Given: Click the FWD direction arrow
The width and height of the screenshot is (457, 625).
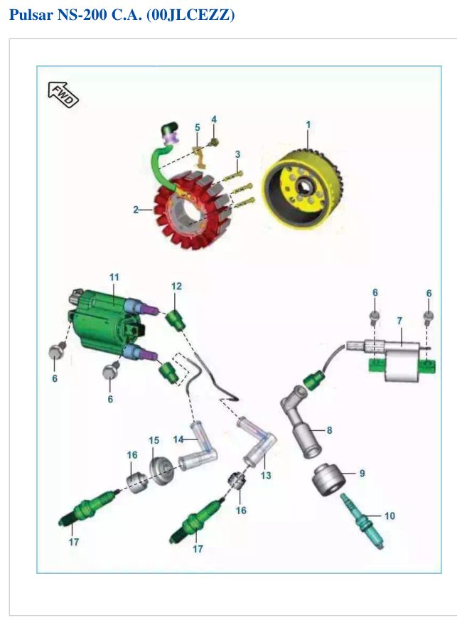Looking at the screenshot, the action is (63, 95).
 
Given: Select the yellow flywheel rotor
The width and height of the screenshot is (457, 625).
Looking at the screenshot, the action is (302, 189).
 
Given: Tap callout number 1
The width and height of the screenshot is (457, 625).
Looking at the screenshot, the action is (308, 124).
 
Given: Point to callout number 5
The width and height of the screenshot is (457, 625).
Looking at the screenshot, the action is (198, 127).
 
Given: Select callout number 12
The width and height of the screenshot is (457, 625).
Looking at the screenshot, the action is (176, 287).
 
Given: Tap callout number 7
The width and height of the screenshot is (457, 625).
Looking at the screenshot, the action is (399, 321).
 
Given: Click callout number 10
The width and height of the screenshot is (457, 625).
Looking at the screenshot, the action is (389, 516).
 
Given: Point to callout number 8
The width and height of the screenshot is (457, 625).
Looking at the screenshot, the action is (329, 430).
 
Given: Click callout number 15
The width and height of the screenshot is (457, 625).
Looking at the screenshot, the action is (154, 440).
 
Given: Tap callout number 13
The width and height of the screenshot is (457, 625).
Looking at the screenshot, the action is (266, 475).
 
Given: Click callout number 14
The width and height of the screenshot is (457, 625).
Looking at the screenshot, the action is (178, 439).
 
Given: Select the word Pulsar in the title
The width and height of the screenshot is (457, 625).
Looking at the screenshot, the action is (31, 15).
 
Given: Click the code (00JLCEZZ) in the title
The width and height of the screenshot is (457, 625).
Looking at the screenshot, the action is (191, 15).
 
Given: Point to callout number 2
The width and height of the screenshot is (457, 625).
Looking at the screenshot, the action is (136, 209).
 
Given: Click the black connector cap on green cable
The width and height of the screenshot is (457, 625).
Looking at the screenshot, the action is (169, 129).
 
